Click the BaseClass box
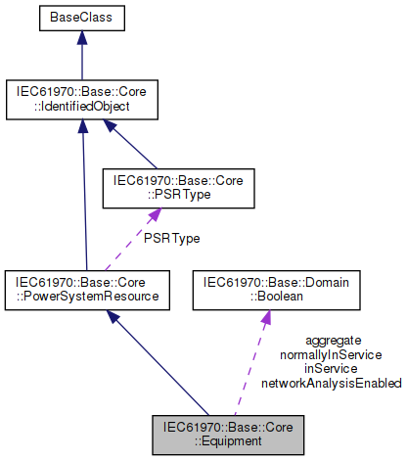82,19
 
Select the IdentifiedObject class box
82,100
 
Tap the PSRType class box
178,188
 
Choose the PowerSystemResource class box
87,290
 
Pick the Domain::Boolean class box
276,290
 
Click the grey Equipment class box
228,435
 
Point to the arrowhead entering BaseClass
82,38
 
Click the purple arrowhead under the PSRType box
155,215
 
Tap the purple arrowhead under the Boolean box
266,317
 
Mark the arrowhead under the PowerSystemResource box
113,317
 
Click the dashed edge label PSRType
172,239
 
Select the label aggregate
334,341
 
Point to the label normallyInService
331,355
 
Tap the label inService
331,369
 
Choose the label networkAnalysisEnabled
332,384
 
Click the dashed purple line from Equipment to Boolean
249,370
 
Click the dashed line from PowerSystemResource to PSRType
128,246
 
